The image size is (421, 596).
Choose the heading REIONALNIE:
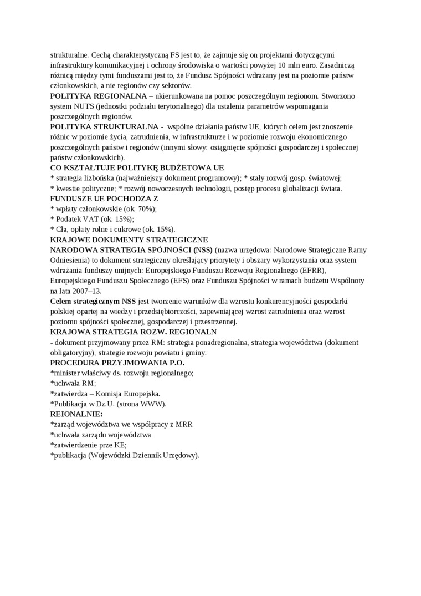coord(76,414)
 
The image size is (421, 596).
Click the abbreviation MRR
coord(183,424)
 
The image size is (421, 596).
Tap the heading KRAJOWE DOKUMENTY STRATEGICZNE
coord(129,240)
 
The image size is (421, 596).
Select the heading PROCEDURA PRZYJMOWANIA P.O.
coord(117,363)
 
